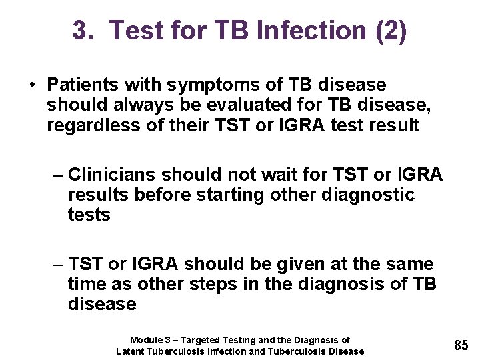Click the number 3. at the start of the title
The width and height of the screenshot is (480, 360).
pos(84,31)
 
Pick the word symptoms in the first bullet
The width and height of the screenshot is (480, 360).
pos(199,85)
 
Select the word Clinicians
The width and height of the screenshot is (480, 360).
pos(114,175)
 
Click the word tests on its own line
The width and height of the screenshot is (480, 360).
pos(89,215)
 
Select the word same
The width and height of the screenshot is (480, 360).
pos(409,264)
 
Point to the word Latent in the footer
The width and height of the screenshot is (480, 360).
pos(130,351)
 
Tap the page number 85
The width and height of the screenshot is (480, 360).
pos(461,345)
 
